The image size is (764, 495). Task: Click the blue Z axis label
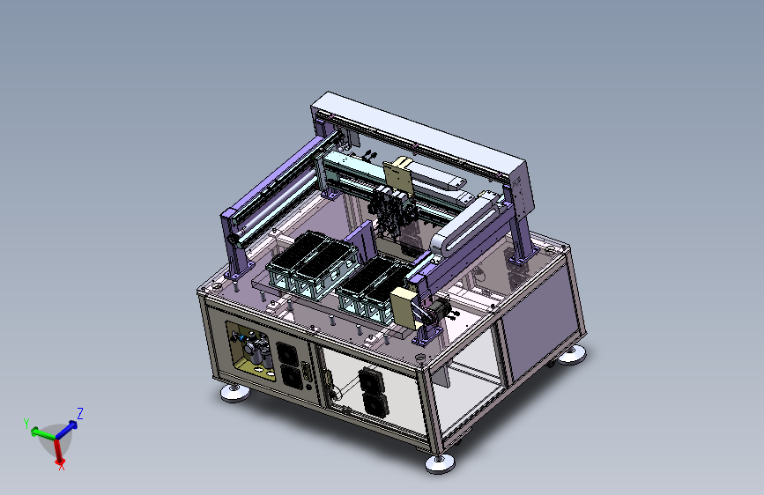click(80, 414)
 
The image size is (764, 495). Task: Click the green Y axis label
click(26, 423)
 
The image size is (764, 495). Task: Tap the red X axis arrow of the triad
click(58, 451)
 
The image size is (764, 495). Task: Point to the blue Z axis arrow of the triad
click(67, 430)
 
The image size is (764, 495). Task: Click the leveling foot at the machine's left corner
click(235, 393)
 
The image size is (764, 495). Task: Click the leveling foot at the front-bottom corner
click(440, 462)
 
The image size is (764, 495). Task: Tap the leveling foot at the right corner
click(572, 355)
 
